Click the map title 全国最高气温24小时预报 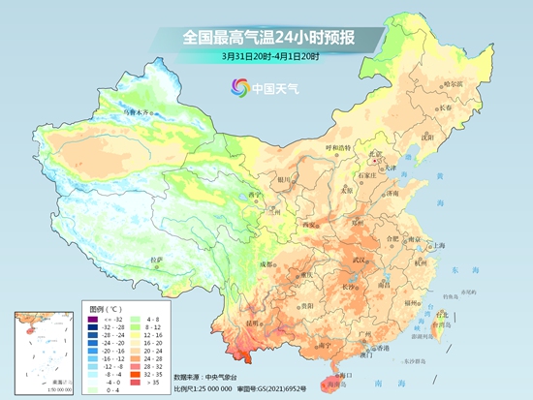point(266,38)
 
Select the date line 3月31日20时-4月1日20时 point(266,58)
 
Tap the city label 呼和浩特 point(340,148)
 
